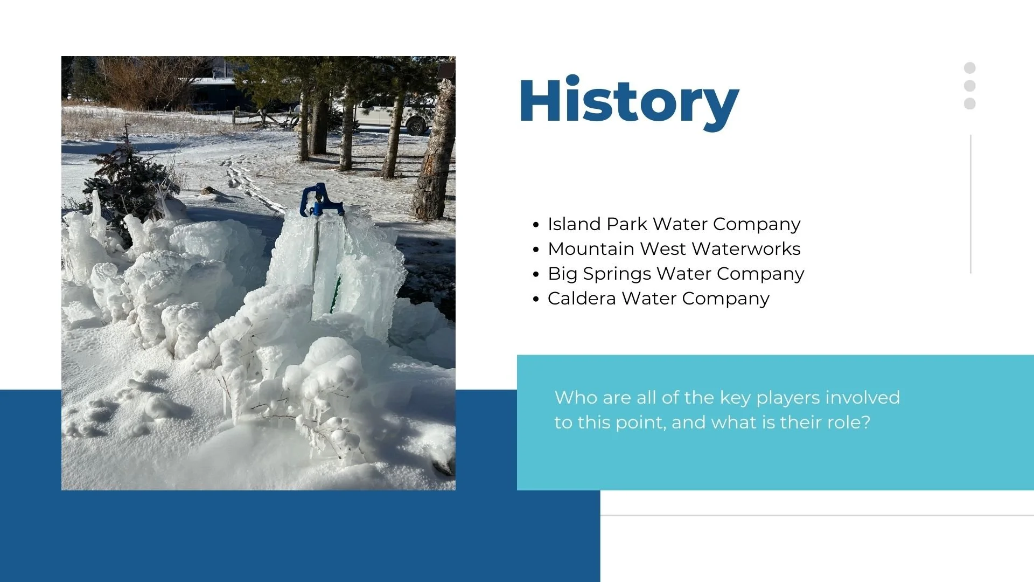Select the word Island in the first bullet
coord(574,224)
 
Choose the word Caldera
coord(582,299)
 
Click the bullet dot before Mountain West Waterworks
coord(535,250)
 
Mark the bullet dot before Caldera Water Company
coord(535,299)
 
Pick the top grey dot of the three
coord(970,68)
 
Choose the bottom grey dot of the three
coord(970,103)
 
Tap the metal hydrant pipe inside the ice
coord(316,259)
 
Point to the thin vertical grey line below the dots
coord(970,205)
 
